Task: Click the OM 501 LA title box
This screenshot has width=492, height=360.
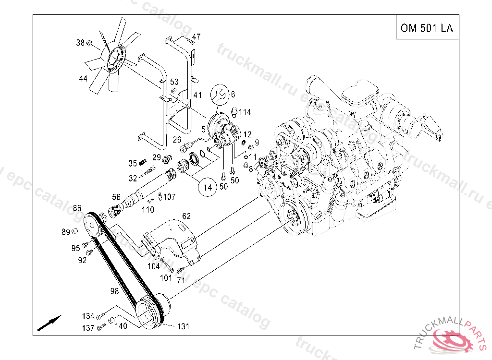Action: (x=426, y=28)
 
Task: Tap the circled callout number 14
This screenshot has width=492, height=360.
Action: (x=208, y=187)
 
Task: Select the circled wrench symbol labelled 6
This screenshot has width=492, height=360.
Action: (x=221, y=94)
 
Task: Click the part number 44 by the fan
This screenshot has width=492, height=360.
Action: (x=83, y=78)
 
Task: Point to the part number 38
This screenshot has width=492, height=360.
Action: (x=80, y=43)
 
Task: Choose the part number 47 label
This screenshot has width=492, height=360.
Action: (x=197, y=36)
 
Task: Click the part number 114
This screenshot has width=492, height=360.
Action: (x=245, y=112)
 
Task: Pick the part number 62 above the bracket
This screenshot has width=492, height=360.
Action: (x=186, y=216)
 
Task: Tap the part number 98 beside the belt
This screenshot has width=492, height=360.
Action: (x=114, y=291)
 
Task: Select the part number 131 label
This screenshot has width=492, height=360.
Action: (x=183, y=326)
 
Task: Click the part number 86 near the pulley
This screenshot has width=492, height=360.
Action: (x=77, y=208)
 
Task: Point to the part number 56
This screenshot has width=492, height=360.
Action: (x=116, y=197)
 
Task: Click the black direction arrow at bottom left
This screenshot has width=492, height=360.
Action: (x=49, y=323)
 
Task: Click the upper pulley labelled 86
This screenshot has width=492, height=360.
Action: (x=91, y=225)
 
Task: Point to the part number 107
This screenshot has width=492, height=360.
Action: (x=170, y=197)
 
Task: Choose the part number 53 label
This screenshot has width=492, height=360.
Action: (x=174, y=82)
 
